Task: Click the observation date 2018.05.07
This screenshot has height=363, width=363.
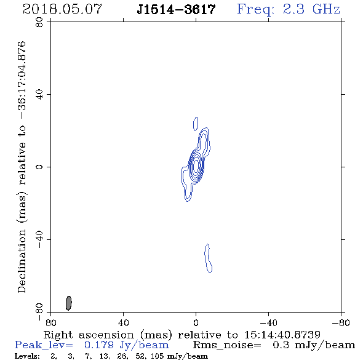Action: [x=62, y=9]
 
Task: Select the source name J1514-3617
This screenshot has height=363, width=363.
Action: [x=176, y=9]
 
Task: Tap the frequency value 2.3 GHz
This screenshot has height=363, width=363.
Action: [x=311, y=9]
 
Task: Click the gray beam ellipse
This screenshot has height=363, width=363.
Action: [x=69, y=303]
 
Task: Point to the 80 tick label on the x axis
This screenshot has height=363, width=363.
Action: [x=50, y=323]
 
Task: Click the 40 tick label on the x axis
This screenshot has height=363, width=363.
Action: [x=124, y=323]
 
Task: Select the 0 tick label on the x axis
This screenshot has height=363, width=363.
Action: [x=196, y=323]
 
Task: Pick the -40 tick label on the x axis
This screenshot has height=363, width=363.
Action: [x=268, y=323]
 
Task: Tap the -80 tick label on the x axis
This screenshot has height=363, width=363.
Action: [x=341, y=323]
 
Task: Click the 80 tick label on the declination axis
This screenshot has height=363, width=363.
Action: [x=39, y=22]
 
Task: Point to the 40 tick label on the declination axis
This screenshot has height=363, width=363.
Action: [x=39, y=95]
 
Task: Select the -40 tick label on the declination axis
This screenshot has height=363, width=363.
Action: [x=39, y=239]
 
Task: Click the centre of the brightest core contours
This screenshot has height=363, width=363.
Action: [x=196, y=166]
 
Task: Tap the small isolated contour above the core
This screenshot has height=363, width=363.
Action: [x=196, y=124]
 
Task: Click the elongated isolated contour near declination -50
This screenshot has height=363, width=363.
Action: [x=209, y=258]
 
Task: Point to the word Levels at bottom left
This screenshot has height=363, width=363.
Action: [x=27, y=356]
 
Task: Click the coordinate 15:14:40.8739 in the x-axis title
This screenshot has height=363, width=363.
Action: [x=282, y=335]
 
